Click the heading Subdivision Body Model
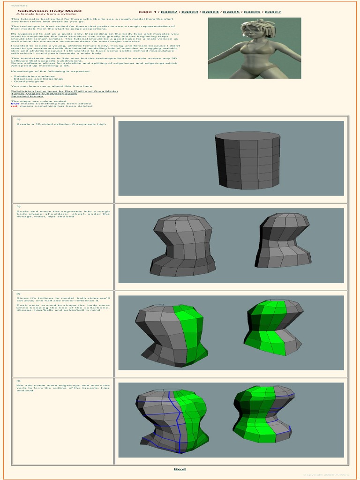click(x=43, y=10)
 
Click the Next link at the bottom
click(x=180, y=469)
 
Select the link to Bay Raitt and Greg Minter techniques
click(x=64, y=91)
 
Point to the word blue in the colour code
click(x=15, y=103)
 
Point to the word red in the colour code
click(x=14, y=106)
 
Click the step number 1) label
click(x=18, y=119)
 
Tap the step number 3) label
click(x=18, y=293)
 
